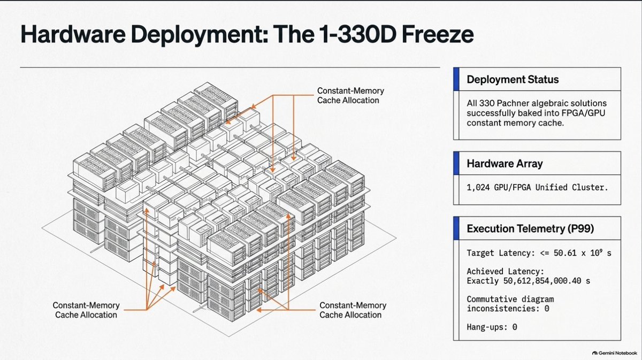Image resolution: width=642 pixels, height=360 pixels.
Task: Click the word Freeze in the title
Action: coord(438,34)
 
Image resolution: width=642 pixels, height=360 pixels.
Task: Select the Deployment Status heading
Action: coord(513,79)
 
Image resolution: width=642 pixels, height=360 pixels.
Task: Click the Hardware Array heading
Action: coord(505,163)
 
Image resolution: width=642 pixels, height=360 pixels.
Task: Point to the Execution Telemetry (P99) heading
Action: coord(530,228)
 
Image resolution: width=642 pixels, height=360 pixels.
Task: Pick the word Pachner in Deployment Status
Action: coord(513,103)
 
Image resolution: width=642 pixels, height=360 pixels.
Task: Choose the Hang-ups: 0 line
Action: coord(492,327)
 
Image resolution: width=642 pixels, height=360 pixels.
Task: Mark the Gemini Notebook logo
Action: coord(614,353)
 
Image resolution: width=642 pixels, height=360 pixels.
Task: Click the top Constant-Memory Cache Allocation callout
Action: coord(350,95)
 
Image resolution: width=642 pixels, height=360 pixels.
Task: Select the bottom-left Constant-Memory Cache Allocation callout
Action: coord(86,310)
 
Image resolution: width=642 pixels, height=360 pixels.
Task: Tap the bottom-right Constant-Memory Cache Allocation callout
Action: coord(353,310)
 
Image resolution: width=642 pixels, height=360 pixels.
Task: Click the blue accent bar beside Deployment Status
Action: coord(456,79)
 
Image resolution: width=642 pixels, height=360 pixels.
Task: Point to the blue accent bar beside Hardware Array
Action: coord(456,163)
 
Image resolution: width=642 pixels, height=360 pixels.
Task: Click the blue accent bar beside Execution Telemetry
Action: coord(456,228)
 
